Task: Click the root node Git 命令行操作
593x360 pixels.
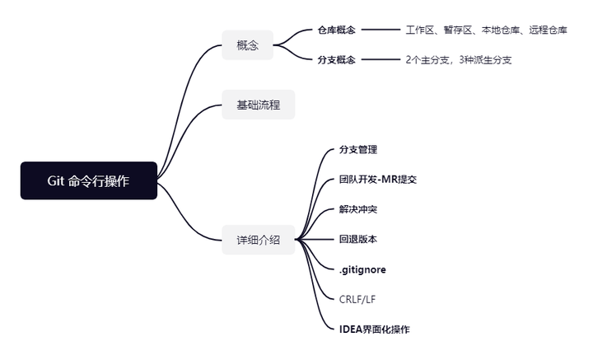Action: pyautogui.click(x=88, y=180)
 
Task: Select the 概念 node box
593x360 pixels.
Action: pyautogui.click(x=247, y=45)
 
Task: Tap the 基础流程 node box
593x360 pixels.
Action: pyautogui.click(x=258, y=105)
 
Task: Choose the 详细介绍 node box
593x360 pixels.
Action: pyautogui.click(x=258, y=240)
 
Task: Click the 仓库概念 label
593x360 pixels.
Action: pyautogui.click(x=336, y=30)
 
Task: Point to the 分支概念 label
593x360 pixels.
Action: pyautogui.click(x=336, y=60)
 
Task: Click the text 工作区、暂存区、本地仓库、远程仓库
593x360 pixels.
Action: pyautogui.click(x=486, y=30)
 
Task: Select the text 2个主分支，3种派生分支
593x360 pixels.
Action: pyautogui.click(x=458, y=60)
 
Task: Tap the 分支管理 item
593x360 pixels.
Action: pyautogui.click(x=357, y=150)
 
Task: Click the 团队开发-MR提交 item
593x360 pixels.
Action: pyautogui.click(x=377, y=180)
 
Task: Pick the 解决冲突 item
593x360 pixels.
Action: pyautogui.click(x=357, y=209)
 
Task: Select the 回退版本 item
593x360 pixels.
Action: pyautogui.click(x=357, y=240)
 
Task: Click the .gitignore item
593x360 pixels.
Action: pyautogui.click(x=362, y=269)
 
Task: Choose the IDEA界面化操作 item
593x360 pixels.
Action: pyautogui.click(x=374, y=330)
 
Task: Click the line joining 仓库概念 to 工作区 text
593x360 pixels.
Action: pyautogui.click(x=380, y=30)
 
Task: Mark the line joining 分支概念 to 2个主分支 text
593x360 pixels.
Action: pyautogui.click(x=380, y=60)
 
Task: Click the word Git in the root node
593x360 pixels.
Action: pyautogui.click(x=57, y=180)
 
